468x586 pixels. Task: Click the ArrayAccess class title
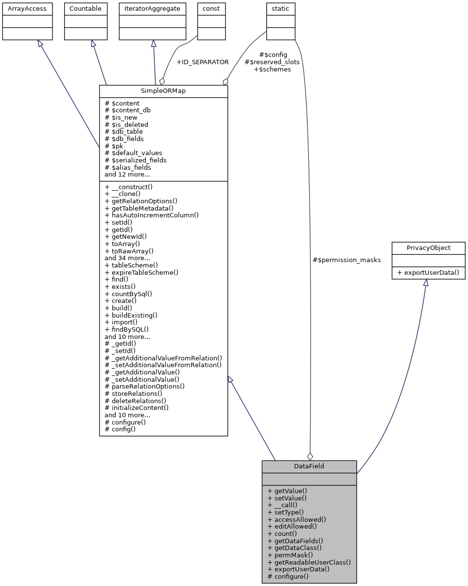24,9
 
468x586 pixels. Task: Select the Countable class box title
86,9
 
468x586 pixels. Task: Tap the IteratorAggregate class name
153,9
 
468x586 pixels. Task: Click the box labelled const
211,9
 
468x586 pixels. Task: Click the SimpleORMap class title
163,91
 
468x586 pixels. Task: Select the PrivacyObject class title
428,248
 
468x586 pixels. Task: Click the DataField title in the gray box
309,466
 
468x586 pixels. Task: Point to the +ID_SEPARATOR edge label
202,62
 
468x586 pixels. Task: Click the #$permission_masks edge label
347,260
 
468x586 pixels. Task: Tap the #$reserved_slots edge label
272,62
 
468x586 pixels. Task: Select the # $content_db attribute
127,110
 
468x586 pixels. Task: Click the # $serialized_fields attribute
136,160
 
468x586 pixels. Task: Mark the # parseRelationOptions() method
144,386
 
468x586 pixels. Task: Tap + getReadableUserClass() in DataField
309,562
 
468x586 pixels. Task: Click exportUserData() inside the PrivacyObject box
428,272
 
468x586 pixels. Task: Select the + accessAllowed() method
296,519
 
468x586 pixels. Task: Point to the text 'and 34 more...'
127,258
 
